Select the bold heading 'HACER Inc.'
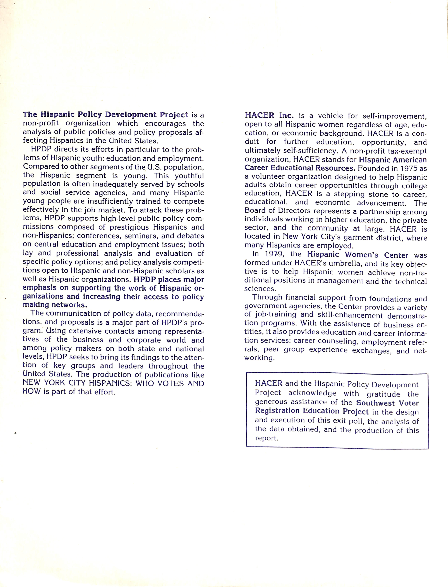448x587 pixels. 269,115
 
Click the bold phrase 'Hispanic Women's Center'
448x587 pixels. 358,255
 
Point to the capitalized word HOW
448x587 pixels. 31,391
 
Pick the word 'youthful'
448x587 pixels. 189,176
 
